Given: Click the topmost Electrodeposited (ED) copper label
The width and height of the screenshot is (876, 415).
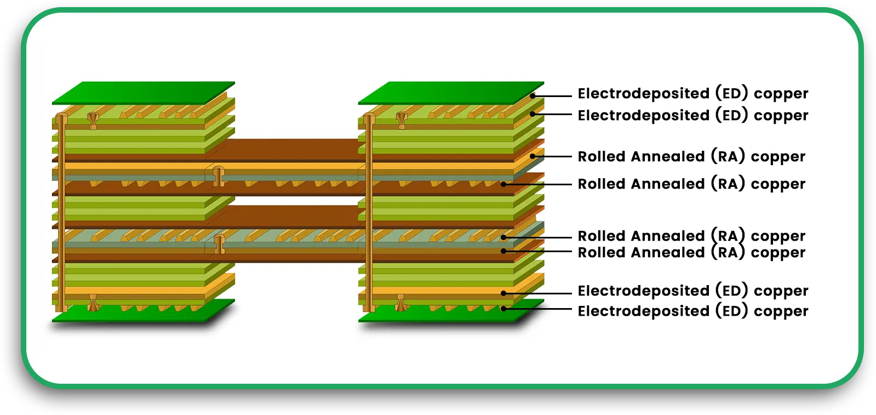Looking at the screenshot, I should (692, 94).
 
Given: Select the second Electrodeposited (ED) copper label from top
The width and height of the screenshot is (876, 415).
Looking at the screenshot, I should (692, 116).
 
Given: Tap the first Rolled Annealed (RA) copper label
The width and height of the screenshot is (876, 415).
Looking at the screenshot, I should (691, 157).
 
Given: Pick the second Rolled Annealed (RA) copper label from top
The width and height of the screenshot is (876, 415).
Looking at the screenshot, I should (691, 184).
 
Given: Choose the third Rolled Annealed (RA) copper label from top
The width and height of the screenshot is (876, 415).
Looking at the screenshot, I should (691, 236).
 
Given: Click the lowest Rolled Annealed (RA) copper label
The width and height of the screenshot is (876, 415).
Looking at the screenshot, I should (691, 253).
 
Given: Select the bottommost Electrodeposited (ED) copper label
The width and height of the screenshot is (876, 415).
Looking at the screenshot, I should (692, 311).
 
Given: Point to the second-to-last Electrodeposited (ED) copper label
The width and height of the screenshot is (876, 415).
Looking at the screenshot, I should (692, 291).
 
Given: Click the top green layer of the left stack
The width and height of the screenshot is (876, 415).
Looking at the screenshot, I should (144, 93).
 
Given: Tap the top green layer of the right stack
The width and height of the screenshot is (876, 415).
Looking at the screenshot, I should (450, 93).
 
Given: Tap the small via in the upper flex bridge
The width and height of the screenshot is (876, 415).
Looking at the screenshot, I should (219, 175).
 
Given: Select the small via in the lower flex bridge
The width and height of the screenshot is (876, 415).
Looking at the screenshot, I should (220, 243).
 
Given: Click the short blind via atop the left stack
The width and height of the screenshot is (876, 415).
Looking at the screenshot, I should (93, 120).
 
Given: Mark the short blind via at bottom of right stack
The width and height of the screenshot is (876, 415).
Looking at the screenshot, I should (401, 303).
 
